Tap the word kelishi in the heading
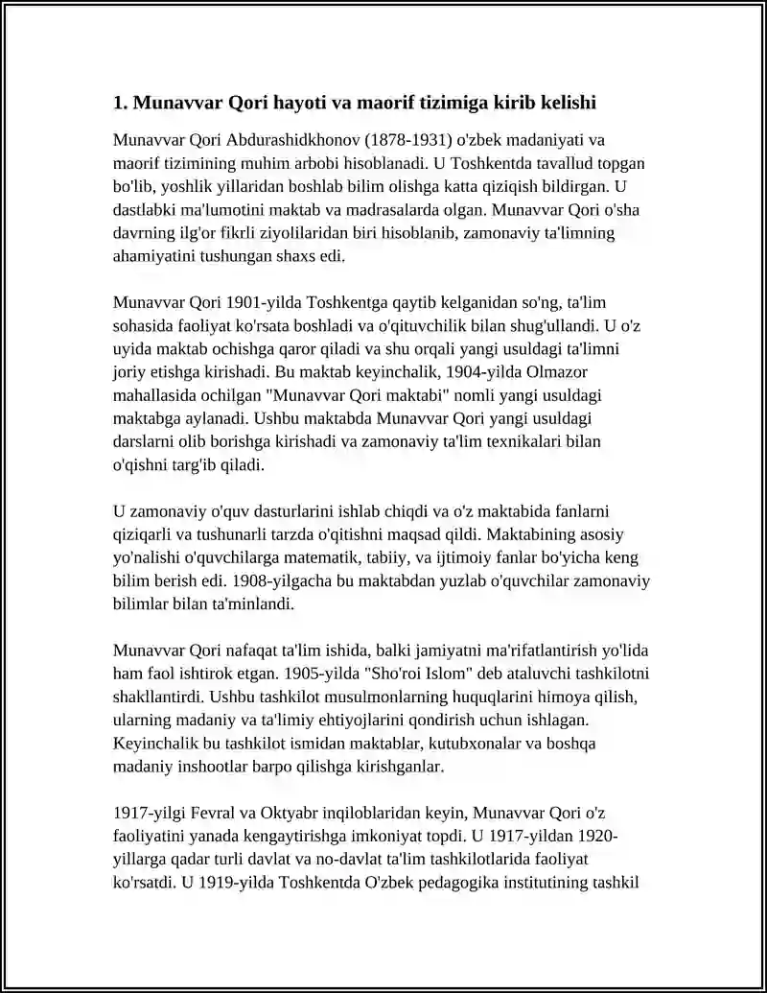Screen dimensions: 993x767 (x=570, y=102)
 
